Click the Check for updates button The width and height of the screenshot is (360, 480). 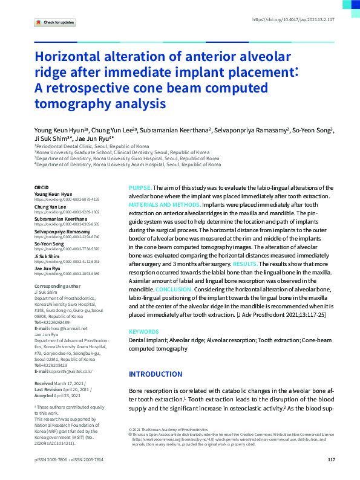coord(55,22)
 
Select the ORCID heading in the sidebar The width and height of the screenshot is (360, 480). coord(42,188)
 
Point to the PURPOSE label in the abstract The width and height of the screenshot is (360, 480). coord(140,189)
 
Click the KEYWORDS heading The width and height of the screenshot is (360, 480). coord(143,332)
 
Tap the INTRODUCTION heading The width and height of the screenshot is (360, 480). coord(155,374)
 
